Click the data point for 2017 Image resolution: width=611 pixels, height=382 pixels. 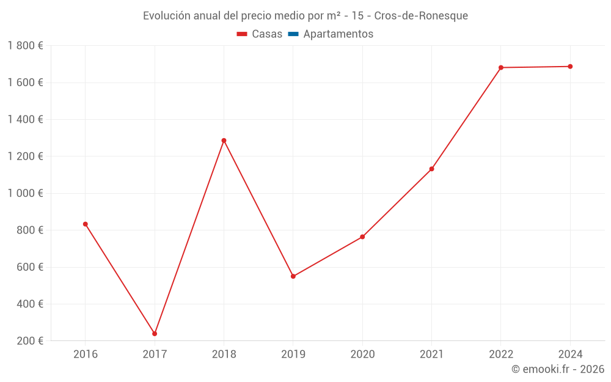pos(155,334)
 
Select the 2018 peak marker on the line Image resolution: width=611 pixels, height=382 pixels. pos(224,141)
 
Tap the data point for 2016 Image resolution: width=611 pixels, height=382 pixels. pos(86,224)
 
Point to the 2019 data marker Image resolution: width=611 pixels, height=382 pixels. pos(293,276)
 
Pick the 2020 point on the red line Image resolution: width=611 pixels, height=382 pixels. pos(362,237)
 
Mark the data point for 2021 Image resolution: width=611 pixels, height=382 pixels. pos(432,169)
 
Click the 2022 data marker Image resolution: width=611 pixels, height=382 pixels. pos(501,67)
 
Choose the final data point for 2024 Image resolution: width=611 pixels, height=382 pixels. pos(570,67)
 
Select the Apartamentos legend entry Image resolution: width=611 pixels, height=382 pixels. pos(338,34)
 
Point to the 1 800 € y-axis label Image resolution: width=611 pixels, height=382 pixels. pos(25,46)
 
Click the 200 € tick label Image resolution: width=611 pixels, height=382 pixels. pos(29,341)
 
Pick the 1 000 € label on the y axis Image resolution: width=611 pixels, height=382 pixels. pos(25,193)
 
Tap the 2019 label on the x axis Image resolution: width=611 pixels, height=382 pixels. pos(293,354)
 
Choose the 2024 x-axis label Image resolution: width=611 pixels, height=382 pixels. pos(570,354)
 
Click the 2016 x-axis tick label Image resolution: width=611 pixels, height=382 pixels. pos(86,354)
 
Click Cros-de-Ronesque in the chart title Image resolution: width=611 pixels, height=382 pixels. pos(421,16)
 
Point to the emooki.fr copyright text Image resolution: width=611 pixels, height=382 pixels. pos(558,369)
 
